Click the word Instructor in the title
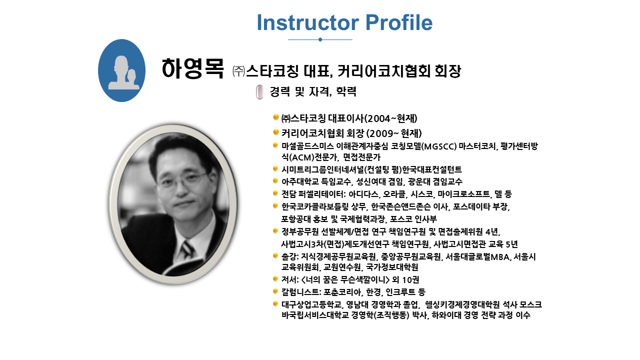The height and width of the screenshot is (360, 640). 308,22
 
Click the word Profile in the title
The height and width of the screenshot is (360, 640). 399,22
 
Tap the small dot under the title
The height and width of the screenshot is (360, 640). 320,39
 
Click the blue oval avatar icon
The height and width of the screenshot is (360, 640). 121,70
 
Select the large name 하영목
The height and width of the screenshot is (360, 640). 192,68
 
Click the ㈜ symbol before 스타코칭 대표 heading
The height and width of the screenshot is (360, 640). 238,71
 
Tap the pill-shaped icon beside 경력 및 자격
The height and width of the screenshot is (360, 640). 259,92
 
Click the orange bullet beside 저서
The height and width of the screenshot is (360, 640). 275,278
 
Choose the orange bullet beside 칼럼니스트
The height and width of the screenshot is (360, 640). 275,291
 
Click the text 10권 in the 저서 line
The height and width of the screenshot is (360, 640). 410,279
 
